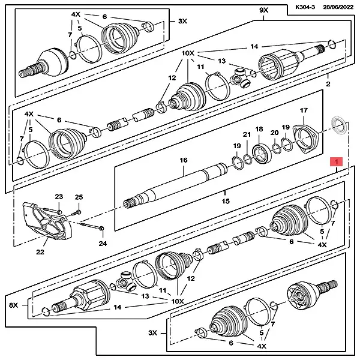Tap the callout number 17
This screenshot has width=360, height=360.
click(x=304, y=111)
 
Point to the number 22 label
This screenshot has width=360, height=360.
click(x=40, y=252)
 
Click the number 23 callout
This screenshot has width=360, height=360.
click(x=59, y=197)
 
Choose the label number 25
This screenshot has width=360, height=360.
click(x=79, y=197)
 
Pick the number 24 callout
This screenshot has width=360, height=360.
click(x=103, y=243)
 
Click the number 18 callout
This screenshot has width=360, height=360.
click(x=259, y=130)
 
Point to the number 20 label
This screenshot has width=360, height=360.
click(x=274, y=133)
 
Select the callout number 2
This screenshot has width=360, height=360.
click(x=328, y=85)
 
